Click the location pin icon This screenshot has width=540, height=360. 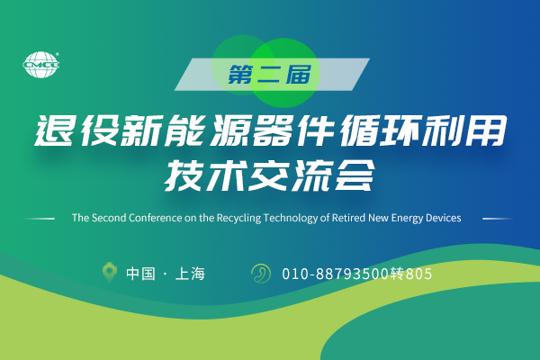click(110, 272)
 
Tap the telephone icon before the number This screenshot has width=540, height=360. click(260, 272)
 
